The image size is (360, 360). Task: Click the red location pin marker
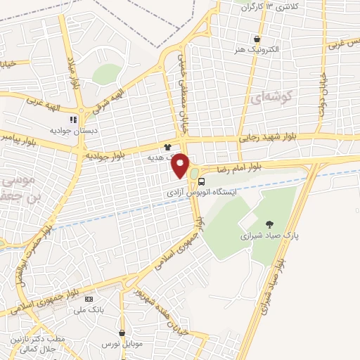[181, 165]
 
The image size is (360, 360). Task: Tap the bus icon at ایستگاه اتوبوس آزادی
[202, 181]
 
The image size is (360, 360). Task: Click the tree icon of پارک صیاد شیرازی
[269, 224]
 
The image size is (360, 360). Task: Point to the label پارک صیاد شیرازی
[268, 236]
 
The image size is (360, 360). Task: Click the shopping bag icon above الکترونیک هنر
[258, 39]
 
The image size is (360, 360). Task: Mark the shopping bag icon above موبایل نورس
[122, 333]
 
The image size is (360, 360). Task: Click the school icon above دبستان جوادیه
[74, 120]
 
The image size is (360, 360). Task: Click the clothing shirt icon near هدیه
[167, 147]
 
